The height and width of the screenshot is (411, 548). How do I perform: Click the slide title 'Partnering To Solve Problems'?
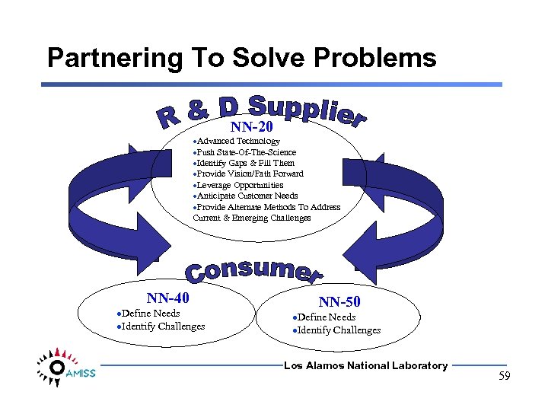(241, 59)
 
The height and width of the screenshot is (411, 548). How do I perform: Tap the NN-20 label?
(251, 127)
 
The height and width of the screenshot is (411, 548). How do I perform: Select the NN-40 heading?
(167, 298)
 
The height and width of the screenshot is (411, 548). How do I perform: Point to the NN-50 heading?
(339, 302)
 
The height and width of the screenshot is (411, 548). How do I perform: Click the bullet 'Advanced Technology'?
(237, 141)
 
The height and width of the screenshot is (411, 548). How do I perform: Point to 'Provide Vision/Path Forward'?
(248, 174)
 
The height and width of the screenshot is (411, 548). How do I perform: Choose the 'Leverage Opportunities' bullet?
(238, 185)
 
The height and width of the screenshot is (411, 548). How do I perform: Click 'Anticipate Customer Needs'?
(245, 196)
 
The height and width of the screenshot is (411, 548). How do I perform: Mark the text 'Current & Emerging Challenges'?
(252, 218)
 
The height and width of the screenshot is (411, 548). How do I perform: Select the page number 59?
(505, 376)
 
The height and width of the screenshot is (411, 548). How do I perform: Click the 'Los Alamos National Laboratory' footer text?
(365, 366)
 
